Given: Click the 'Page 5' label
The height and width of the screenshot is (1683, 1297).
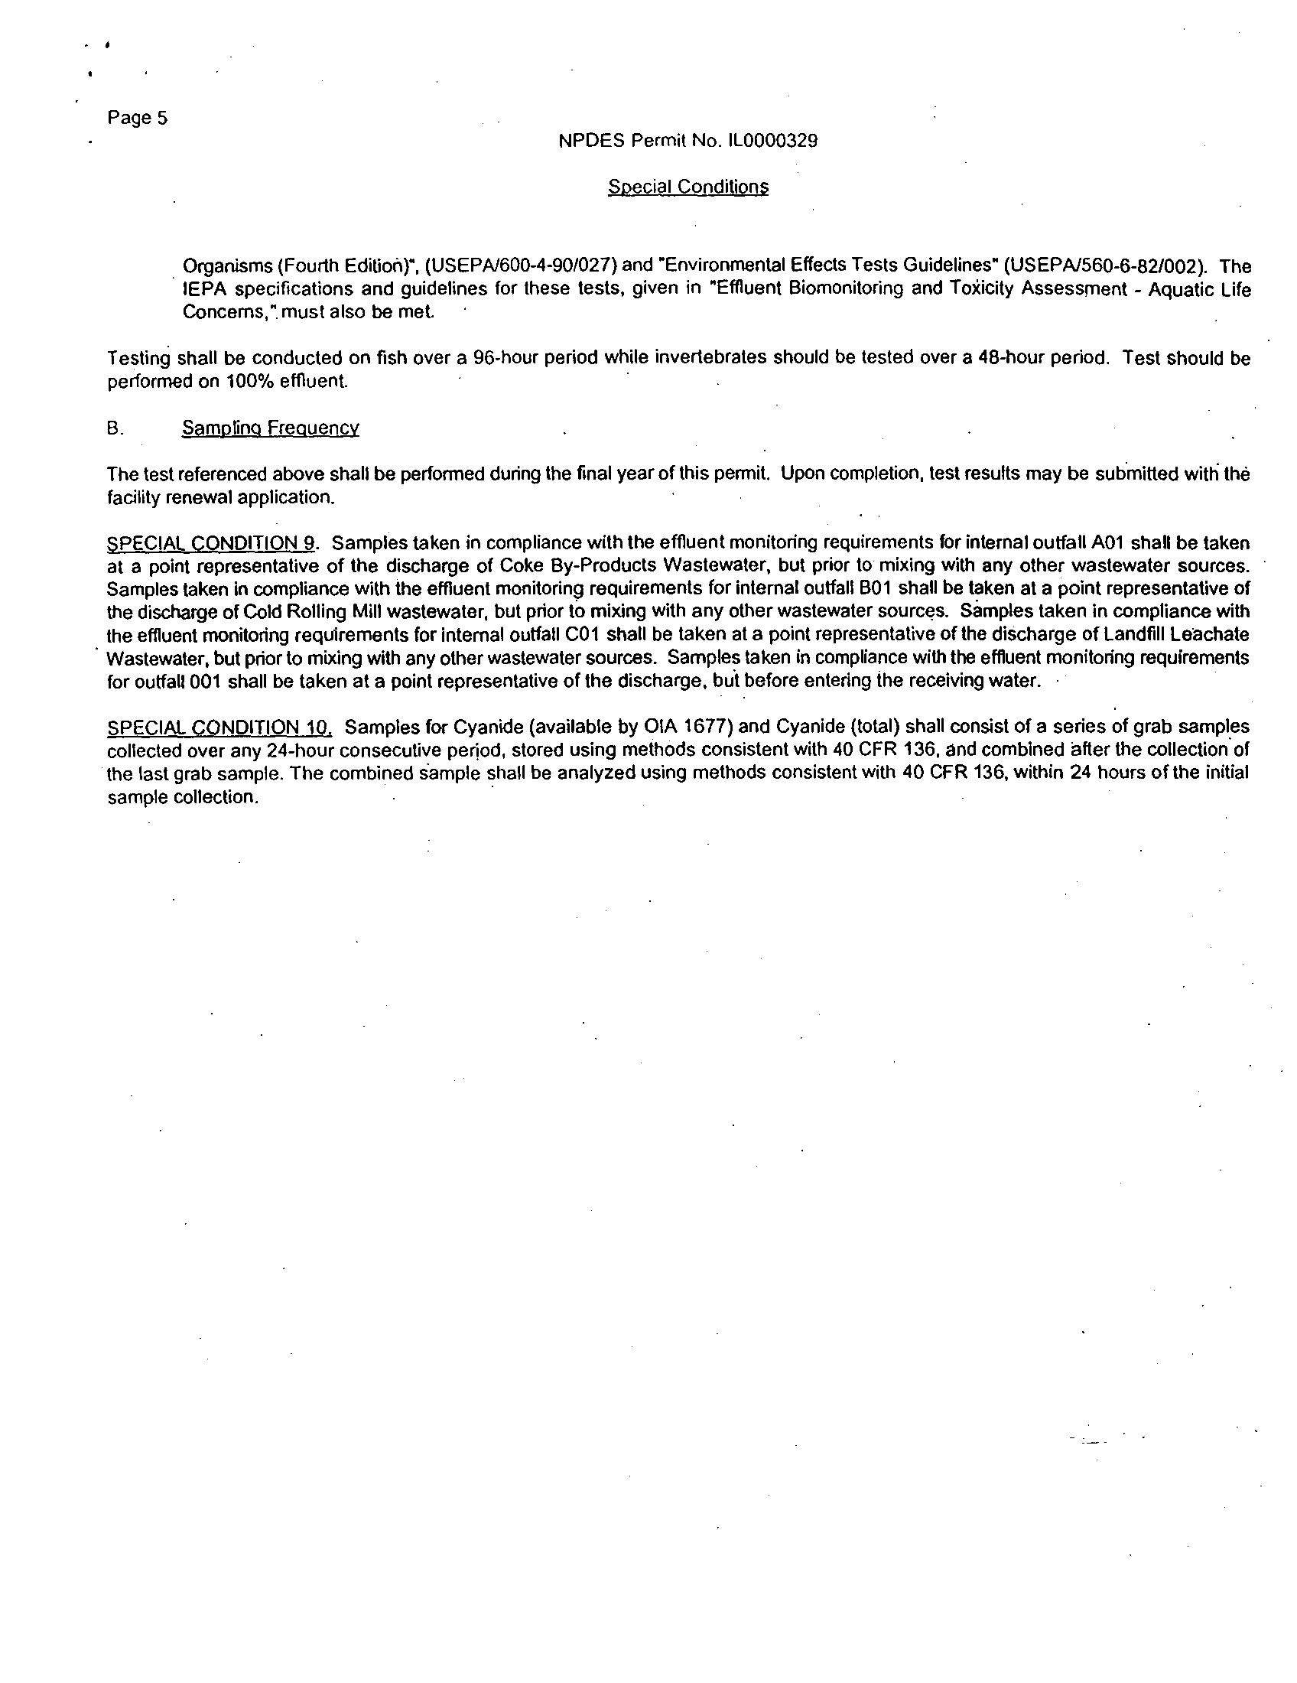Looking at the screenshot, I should [x=138, y=118].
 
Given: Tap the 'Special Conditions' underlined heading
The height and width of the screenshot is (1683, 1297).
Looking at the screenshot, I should [x=688, y=187].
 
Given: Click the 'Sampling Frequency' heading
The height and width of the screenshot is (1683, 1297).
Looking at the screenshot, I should [x=271, y=428].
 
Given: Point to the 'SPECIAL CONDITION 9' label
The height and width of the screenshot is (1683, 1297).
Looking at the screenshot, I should [x=211, y=543].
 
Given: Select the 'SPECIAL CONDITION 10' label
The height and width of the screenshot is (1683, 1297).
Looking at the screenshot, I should [x=219, y=728].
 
